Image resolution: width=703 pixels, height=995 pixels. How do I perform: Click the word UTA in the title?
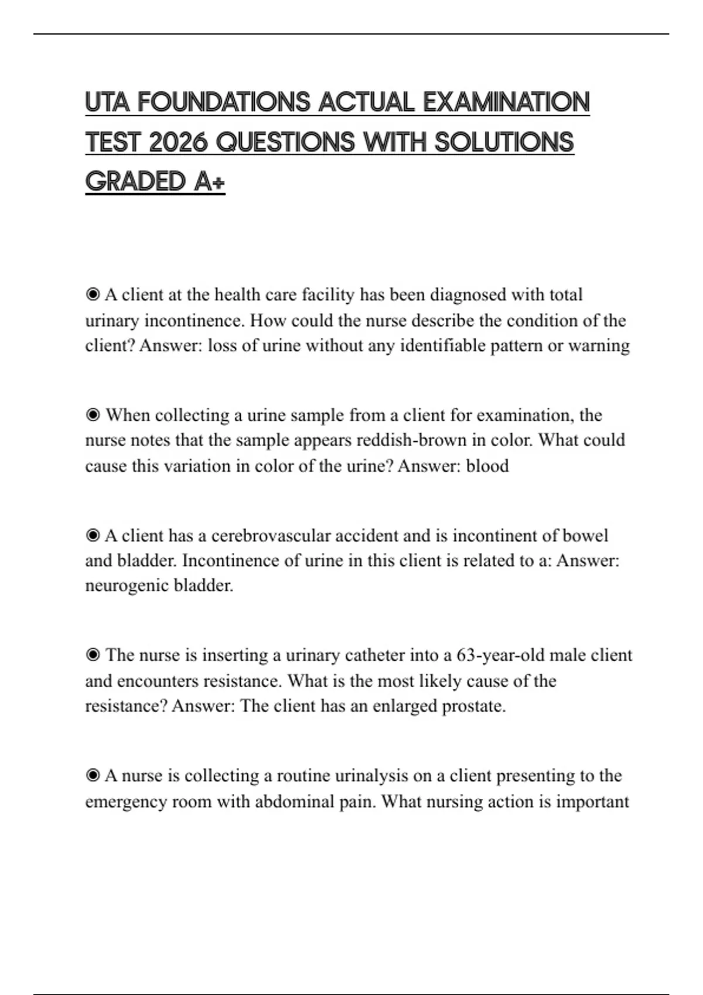coord(107,102)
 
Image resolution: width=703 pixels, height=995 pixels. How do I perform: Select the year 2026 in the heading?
coord(178,142)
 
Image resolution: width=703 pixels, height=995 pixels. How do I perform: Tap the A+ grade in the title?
coord(209,181)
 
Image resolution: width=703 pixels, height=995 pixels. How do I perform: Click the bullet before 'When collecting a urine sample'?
coord(93,415)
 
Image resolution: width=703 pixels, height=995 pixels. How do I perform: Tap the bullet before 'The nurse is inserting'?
coord(93,655)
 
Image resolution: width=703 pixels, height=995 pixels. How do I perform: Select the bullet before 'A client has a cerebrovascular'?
coord(93,536)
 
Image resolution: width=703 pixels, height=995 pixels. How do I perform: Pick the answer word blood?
coord(487,466)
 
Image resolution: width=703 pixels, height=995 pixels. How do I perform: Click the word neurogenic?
coord(119,585)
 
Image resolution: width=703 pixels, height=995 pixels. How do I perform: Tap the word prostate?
coord(473,706)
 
